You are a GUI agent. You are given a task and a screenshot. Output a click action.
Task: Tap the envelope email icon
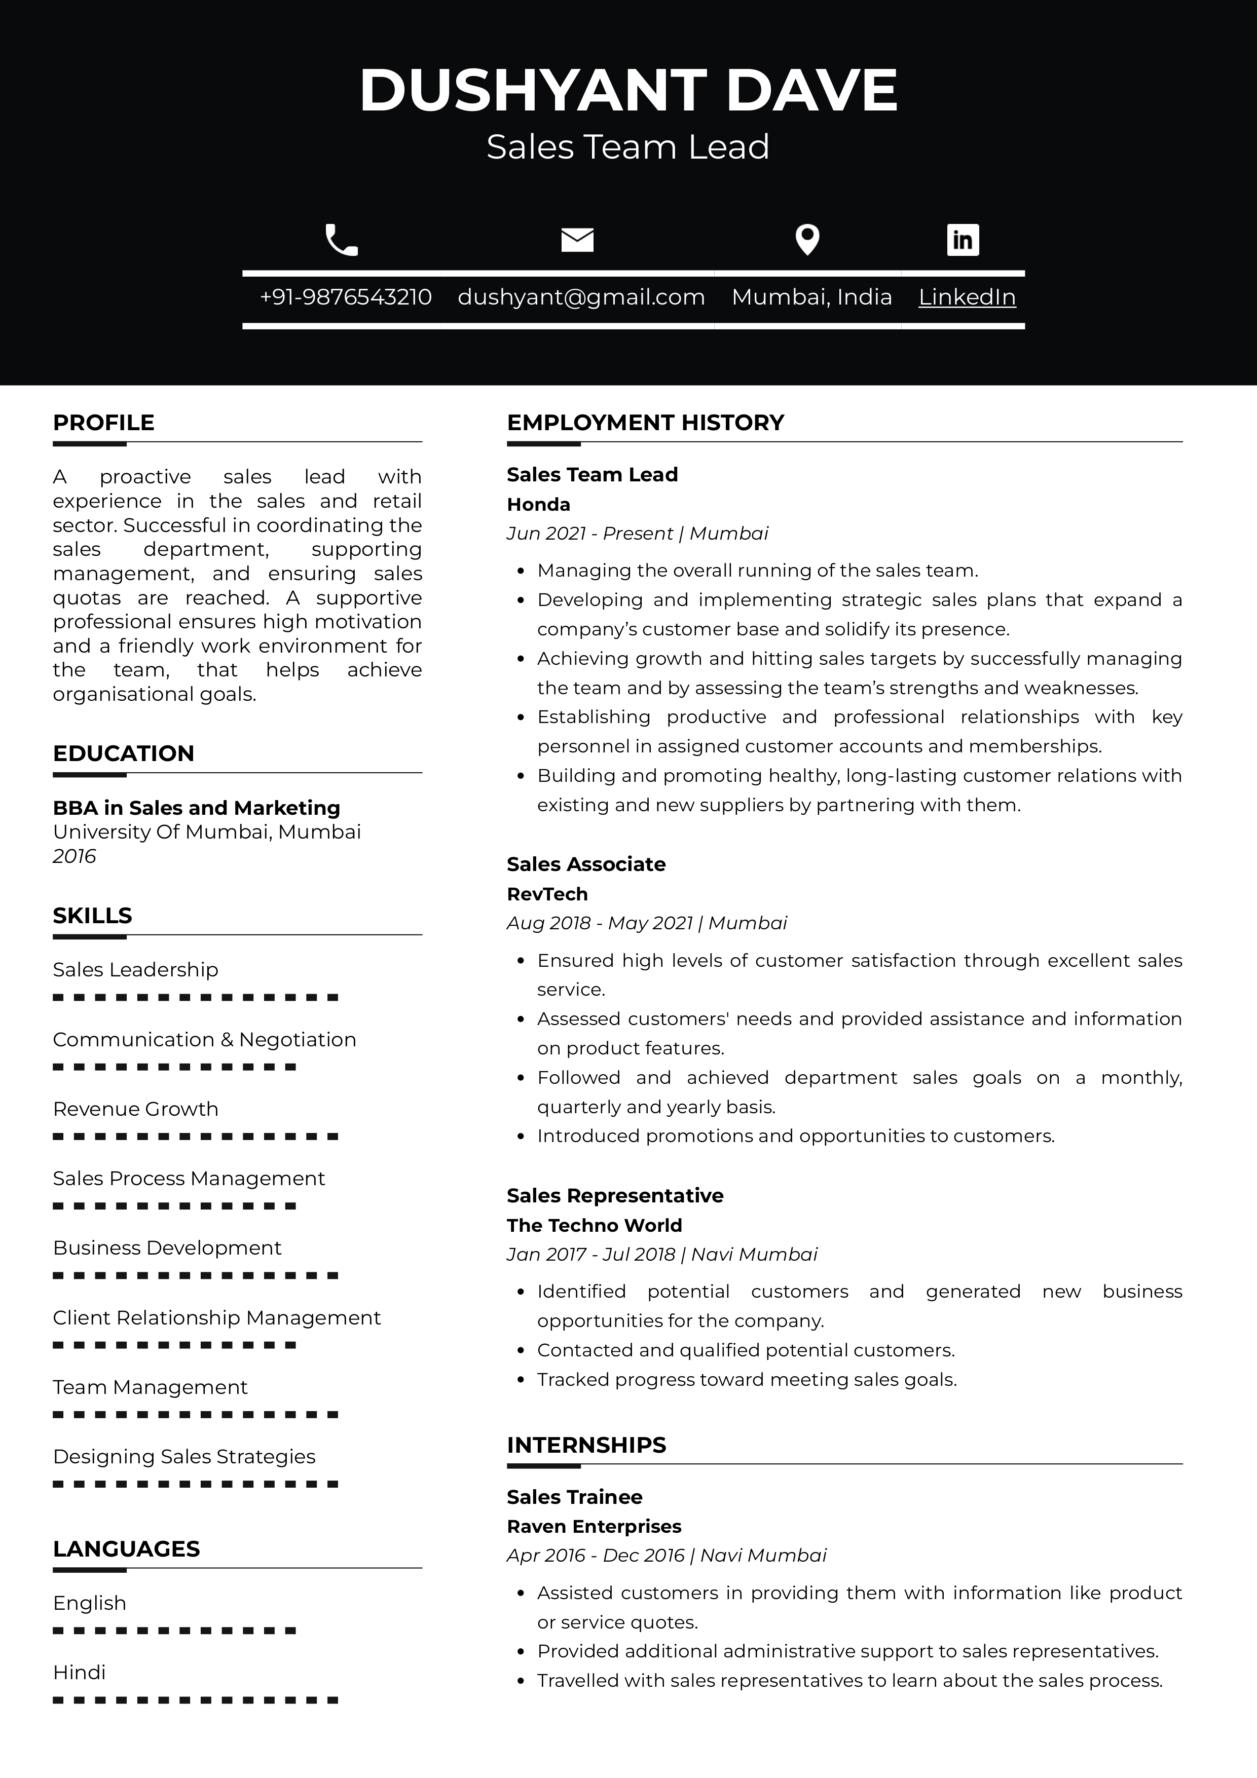pyautogui.click(x=577, y=240)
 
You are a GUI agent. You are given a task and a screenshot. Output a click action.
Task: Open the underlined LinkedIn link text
pyautogui.click(x=967, y=297)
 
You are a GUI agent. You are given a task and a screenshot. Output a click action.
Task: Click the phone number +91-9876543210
pyautogui.click(x=346, y=297)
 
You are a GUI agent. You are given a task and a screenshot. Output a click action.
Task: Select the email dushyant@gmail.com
pyautogui.click(x=581, y=297)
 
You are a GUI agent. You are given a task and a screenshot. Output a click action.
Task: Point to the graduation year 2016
pyautogui.click(x=75, y=856)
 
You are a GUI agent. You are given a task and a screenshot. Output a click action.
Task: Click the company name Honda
pyautogui.click(x=538, y=505)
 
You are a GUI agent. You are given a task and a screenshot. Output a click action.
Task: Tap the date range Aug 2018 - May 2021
pyautogui.click(x=600, y=923)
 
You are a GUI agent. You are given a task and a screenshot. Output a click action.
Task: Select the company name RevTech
pyautogui.click(x=547, y=894)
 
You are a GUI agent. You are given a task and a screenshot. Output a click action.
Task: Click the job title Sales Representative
pyautogui.click(x=615, y=1196)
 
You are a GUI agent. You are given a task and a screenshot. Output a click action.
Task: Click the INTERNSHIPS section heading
pyautogui.click(x=586, y=1445)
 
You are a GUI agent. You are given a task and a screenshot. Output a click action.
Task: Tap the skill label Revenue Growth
pyautogui.click(x=135, y=1109)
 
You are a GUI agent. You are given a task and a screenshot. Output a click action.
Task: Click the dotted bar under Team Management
pyautogui.click(x=195, y=1415)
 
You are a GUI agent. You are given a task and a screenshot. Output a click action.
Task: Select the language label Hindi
pyautogui.click(x=79, y=1672)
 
